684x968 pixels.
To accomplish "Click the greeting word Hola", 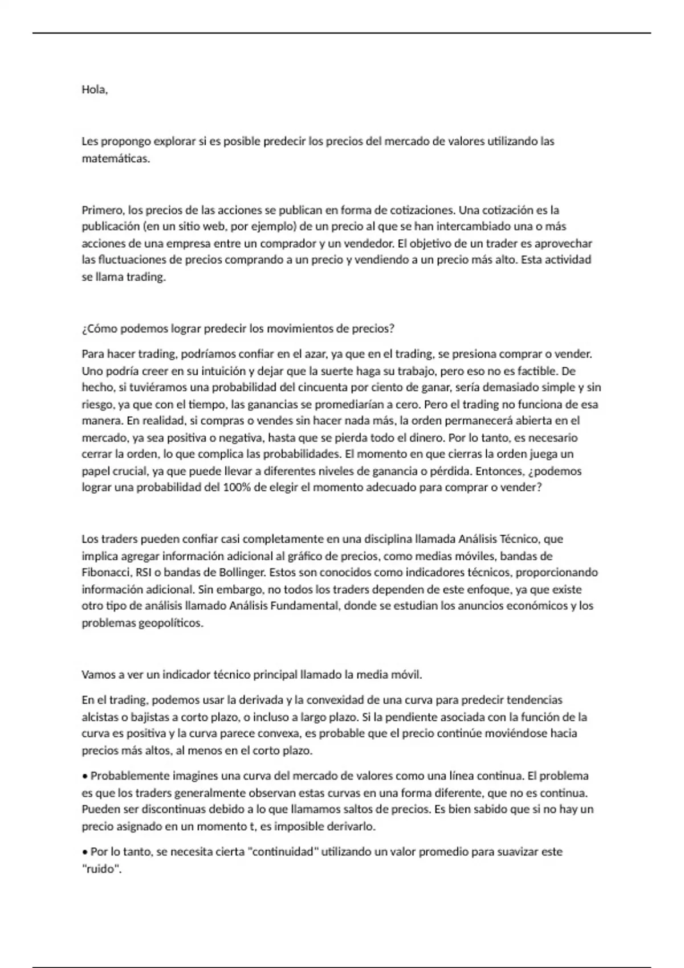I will tap(93, 90).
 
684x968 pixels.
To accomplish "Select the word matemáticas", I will tap(115, 159).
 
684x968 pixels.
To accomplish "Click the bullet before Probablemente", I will tap(85, 776).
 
